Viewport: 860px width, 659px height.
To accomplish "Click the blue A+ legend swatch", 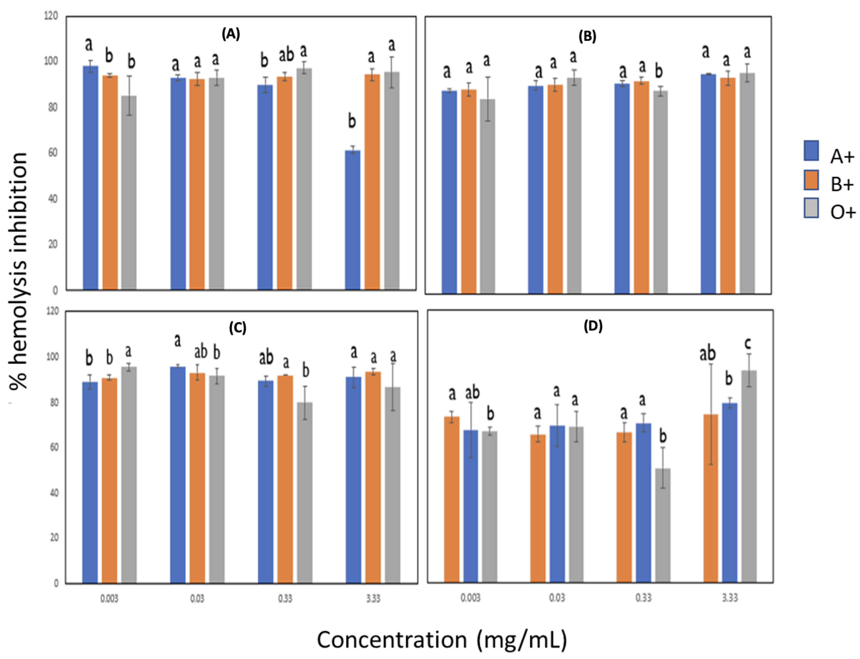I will coord(811,151).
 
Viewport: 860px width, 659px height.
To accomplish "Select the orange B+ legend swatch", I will coord(811,180).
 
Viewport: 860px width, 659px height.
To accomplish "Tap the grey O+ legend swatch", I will coord(811,208).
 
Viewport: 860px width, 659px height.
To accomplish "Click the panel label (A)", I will coord(231,34).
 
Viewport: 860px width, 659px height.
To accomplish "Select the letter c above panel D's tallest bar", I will coord(747,343).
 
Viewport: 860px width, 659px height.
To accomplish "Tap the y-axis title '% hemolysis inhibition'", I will coord(18,271).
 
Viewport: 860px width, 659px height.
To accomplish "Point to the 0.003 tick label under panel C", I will coord(109,599).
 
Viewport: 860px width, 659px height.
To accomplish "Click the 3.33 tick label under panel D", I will coord(730,598).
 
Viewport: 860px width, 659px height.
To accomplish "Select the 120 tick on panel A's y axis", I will coord(51,16).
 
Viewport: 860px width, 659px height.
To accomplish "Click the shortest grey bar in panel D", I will coord(663,526).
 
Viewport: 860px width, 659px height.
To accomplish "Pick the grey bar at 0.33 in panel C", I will coord(305,492).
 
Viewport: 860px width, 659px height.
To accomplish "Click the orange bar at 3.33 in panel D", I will coord(711,498).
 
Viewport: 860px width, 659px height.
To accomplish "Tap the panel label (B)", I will coord(587,36).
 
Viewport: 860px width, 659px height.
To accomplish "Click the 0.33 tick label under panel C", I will coord(285,599).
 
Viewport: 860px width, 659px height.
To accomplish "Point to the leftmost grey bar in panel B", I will coord(488,196).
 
